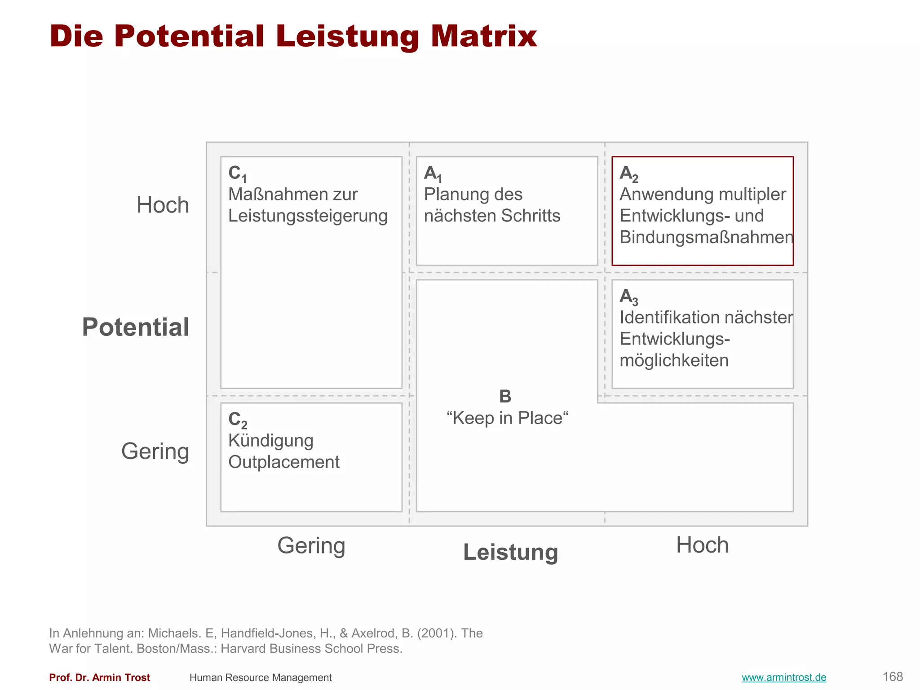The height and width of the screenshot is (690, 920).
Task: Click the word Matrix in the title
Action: (483, 36)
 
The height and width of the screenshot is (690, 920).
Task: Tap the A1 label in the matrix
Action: (433, 174)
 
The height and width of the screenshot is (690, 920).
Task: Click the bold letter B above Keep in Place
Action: (505, 396)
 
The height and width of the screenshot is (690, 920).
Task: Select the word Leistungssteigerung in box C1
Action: (308, 216)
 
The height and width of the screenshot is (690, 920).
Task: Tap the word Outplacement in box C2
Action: (284, 462)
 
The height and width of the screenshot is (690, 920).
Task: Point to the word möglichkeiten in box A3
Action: (674, 360)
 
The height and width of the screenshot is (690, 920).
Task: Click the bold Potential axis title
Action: (135, 327)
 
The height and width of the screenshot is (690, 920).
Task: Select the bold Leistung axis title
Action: (511, 552)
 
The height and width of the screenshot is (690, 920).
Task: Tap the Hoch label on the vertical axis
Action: (163, 205)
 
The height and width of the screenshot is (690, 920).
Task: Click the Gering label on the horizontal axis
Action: (311, 546)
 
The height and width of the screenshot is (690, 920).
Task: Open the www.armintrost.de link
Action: (784, 677)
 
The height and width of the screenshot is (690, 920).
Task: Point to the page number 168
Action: (893, 677)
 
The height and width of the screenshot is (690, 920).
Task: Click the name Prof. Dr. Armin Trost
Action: (100, 677)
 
